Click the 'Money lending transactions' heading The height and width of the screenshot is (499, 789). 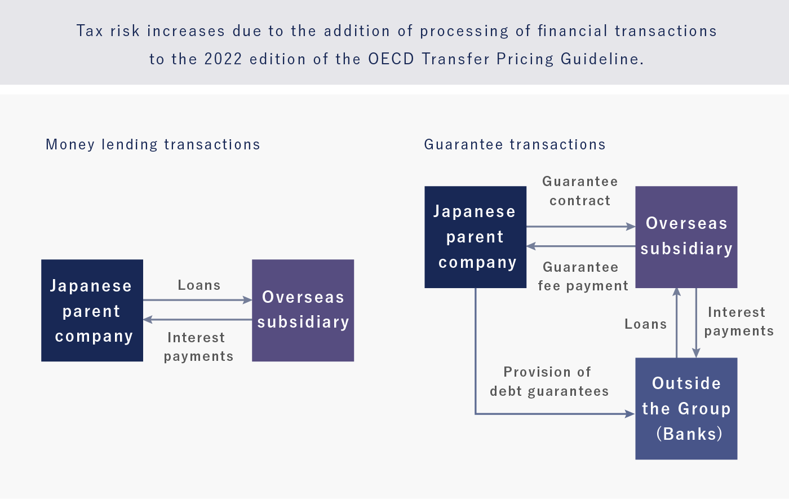coord(153,145)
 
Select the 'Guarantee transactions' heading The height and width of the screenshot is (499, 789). coord(515,144)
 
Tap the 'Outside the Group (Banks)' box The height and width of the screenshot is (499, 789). coord(686,408)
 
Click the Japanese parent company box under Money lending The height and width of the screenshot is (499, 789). coord(92,311)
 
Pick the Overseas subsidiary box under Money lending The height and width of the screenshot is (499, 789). coord(303,311)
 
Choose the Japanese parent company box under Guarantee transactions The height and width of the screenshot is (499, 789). coord(476,237)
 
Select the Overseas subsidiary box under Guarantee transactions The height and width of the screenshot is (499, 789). coord(686,237)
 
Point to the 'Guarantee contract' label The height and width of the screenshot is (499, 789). coord(580,191)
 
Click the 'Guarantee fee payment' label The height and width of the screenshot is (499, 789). coord(583,277)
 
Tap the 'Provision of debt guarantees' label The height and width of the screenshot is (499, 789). coord(549,382)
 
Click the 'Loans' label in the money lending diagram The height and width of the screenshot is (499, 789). coord(199,285)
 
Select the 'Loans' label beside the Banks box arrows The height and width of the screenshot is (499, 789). coord(646,324)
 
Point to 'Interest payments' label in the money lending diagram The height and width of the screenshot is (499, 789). coord(198,347)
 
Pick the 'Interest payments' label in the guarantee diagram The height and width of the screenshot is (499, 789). coord(739,322)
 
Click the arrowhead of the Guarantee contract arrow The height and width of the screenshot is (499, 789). coord(631,227)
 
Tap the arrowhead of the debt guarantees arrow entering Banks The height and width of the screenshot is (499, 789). coord(631,414)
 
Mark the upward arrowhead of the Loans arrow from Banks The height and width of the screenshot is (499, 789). coord(677,292)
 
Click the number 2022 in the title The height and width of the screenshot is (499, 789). coord(223,59)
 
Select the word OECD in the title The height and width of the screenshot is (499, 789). coord(391,59)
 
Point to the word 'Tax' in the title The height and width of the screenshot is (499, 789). coord(90,30)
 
